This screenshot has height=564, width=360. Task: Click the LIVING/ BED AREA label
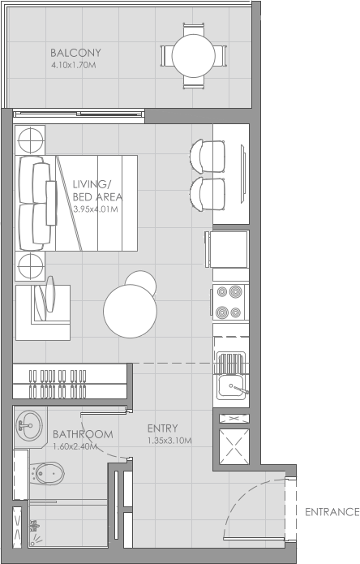click(96, 190)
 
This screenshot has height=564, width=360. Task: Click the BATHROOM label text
click(82, 434)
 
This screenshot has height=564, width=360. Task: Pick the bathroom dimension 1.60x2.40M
click(75, 446)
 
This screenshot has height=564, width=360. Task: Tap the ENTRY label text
click(163, 428)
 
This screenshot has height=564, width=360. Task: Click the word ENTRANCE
click(332, 512)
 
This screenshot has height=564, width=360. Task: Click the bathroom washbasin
click(30, 424)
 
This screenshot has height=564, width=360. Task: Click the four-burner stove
click(230, 302)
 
